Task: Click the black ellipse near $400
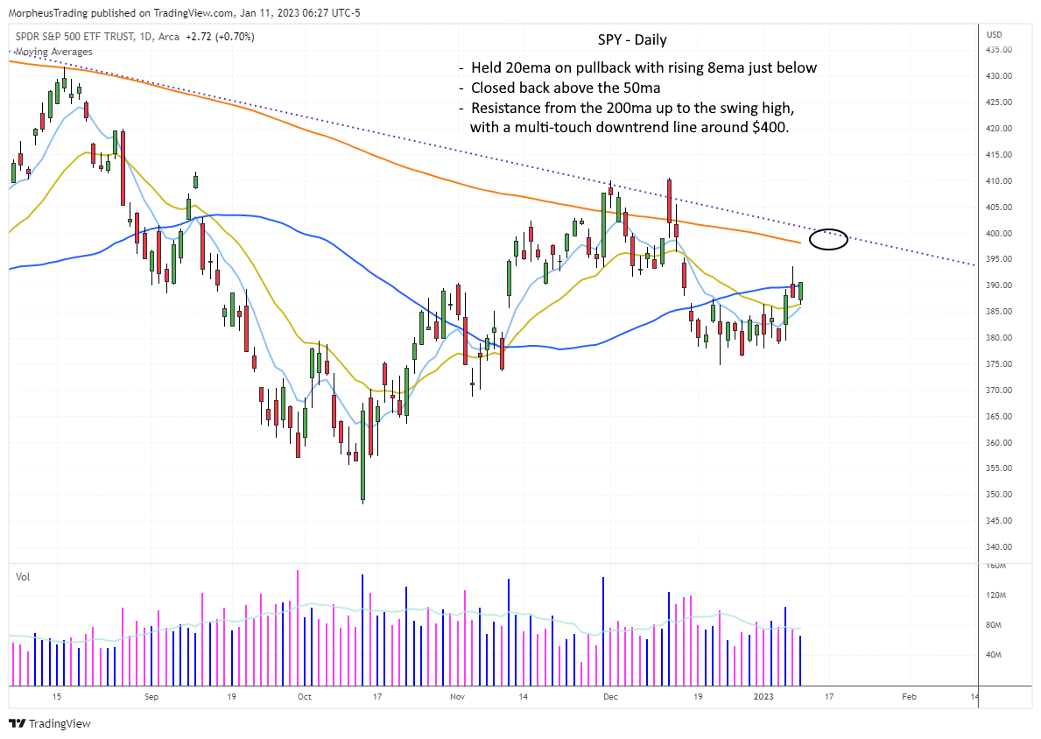828,239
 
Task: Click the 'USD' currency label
994,35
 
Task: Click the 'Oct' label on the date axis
304,697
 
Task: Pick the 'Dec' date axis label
610,697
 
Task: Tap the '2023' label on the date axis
763,697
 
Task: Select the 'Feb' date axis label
909,697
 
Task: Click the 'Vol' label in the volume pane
22,576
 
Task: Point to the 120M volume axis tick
995,595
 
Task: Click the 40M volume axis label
994,655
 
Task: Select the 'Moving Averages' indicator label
53,53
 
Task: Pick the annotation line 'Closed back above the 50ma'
565,88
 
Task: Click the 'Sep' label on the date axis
151,697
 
